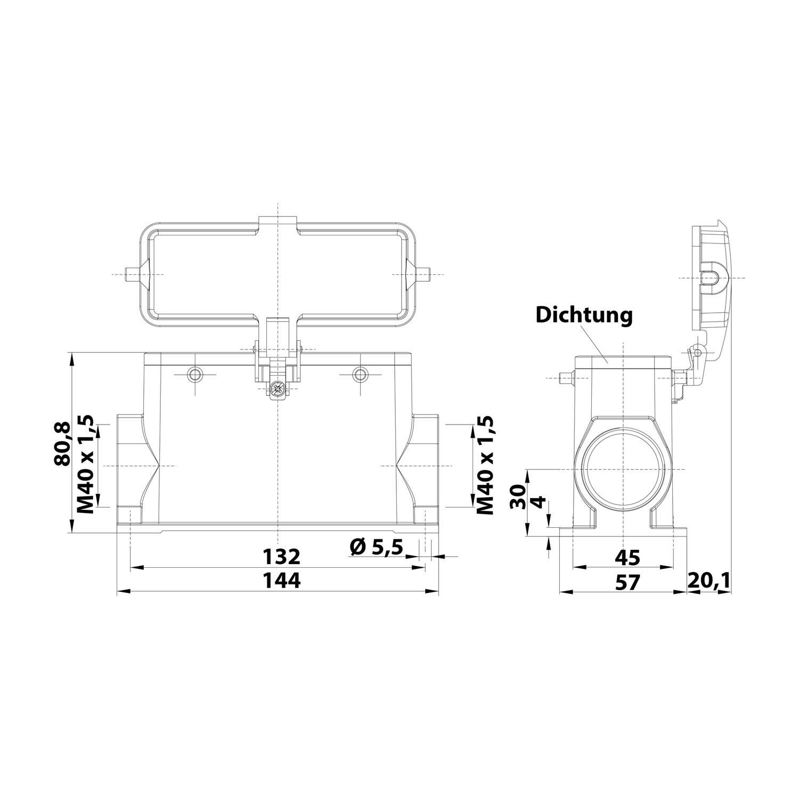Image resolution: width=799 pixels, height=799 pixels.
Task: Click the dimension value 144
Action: click(x=282, y=581)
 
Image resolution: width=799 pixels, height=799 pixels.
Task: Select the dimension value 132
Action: click(x=282, y=557)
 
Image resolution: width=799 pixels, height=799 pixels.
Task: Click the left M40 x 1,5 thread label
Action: click(x=86, y=464)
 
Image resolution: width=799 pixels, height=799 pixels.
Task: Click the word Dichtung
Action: click(x=584, y=315)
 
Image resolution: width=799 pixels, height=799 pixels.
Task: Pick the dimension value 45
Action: click(x=627, y=557)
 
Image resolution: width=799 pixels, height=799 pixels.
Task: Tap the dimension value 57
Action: click(x=627, y=582)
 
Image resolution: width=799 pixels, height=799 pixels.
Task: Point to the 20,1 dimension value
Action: click(x=708, y=581)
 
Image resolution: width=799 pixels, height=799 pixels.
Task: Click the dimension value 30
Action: click(x=518, y=497)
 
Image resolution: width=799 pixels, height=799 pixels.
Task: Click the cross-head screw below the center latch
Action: click(x=276, y=389)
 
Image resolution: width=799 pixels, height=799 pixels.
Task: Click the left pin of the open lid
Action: click(x=130, y=274)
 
